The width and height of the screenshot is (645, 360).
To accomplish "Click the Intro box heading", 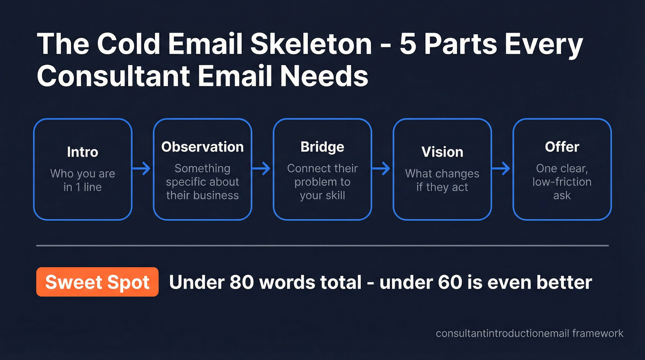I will [x=82, y=152].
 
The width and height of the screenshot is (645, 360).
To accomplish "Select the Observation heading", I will [x=202, y=147].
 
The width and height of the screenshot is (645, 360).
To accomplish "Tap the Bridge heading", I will [x=322, y=147].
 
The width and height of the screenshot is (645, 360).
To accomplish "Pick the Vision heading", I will [x=442, y=152].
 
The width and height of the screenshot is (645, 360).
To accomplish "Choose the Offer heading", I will [x=562, y=147].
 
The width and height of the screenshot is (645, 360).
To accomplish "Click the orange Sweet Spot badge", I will [x=97, y=282].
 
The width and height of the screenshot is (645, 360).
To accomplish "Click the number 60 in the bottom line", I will [x=449, y=282].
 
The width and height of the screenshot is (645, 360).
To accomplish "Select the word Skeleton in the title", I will [x=308, y=45].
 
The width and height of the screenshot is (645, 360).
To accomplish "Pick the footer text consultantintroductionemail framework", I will [x=529, y=333].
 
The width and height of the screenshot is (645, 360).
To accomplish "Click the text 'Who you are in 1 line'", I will [x=82, y=180].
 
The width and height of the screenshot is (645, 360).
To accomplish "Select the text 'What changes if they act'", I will [x=442, y=180].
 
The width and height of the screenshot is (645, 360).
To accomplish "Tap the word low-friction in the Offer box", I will [x=562, y=182].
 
